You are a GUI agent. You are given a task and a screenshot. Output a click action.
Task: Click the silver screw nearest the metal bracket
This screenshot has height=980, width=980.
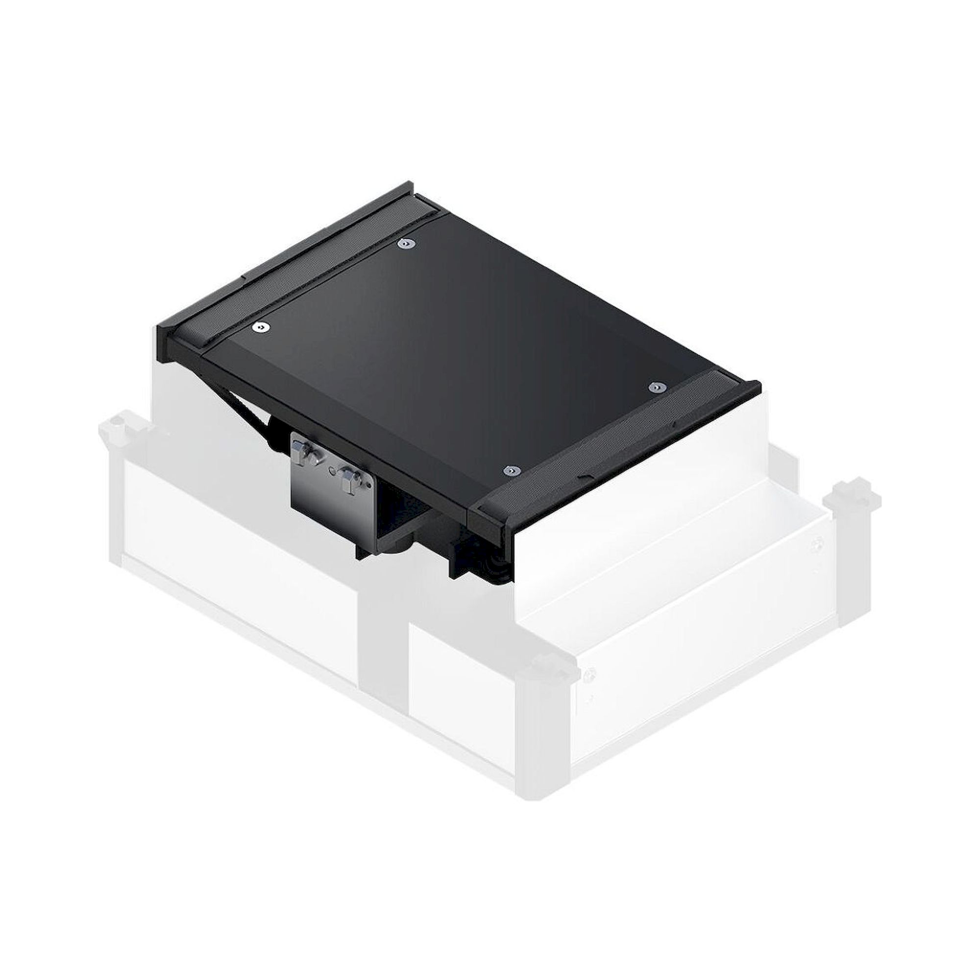pyautogui.click(x=511, y=471)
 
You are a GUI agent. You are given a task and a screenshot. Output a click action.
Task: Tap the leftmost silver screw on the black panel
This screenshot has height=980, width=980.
pyautogui.click(x=261, y=328)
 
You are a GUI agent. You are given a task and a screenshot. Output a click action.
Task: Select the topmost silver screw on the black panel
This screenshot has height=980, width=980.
pyautogui.click(x=406, y=244)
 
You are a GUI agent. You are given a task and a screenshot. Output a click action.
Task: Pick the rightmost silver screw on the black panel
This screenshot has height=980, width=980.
pyautogui.click(x=657, y=387)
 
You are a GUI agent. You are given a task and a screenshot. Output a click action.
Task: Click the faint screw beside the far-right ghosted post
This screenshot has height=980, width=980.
pyautogui.click(x=817, y=545)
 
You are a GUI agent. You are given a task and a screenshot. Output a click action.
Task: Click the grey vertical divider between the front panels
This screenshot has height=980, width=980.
pyautogui.click(x=383, y=634)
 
